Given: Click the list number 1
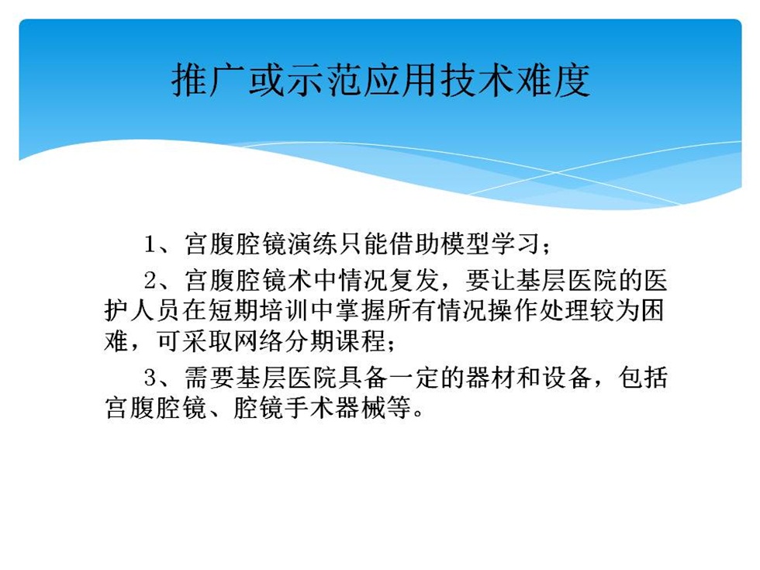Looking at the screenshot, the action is coord(150,244).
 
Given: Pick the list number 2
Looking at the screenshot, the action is coord(150,281).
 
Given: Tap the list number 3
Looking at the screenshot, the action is coord(150,378).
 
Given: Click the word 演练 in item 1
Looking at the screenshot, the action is coord(313,244).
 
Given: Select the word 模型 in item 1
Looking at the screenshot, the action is coord(466,244).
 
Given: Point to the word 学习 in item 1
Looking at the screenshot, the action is coord(516,244).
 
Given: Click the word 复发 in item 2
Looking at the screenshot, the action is coord(414,281).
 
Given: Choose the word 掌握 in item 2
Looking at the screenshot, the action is coord(361,311).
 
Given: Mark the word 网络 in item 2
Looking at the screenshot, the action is coord(259,340).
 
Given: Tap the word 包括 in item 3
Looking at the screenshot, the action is coord(643,378).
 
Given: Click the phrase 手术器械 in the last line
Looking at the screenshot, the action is coord(335,408).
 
